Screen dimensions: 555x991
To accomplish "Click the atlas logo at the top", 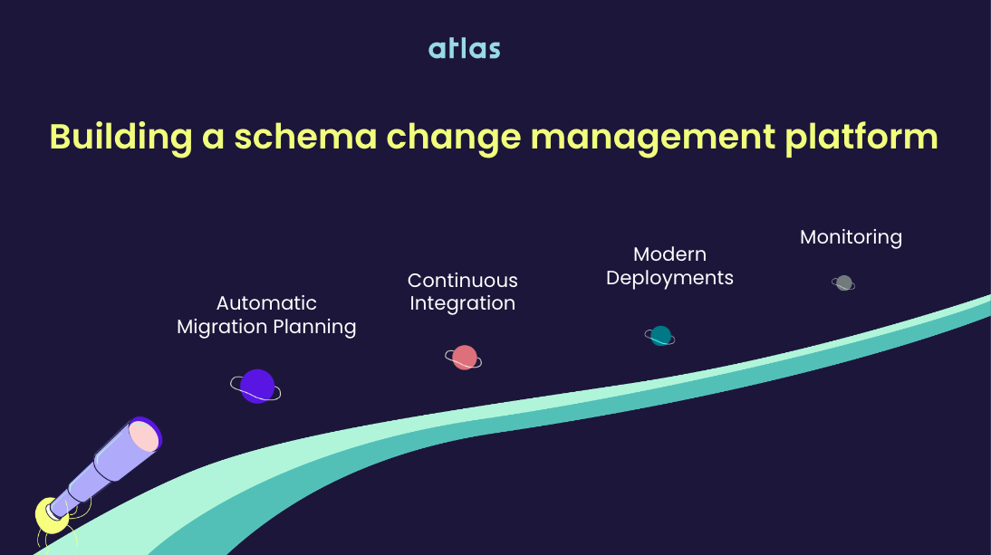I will pos(464,48).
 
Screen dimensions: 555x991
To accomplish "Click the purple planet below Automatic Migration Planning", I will pos(257,387).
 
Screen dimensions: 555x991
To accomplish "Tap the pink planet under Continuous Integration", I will pos(464,358).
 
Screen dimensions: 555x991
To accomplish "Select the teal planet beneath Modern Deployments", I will pos(660,336).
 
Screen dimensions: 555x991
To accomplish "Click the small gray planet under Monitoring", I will pos(844,282).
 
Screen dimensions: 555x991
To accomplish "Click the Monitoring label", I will pos(851,237).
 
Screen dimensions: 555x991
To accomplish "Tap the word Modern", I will pos(669,254).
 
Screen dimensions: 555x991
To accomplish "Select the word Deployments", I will pos(669,278).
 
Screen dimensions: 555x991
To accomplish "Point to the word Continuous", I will pos(462,281).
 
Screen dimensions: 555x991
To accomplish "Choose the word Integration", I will pos(462,303).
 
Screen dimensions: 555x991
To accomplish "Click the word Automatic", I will pos(266,303).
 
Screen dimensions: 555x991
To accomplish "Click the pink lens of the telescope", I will pos(144,437).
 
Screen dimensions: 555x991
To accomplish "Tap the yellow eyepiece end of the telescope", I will pos(49,515).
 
